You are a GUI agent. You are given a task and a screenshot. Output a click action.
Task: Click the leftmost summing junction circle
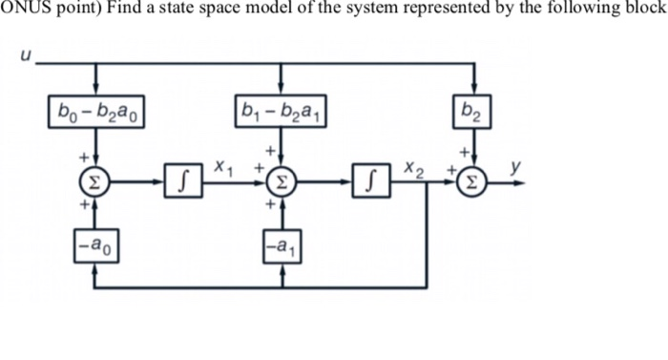click(96, 179)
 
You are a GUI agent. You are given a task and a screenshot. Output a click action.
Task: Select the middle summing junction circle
click(280, 179)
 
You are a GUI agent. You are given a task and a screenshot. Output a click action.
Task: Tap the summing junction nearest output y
click(475, 179)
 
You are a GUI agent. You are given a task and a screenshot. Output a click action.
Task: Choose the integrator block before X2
click(372, 179)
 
